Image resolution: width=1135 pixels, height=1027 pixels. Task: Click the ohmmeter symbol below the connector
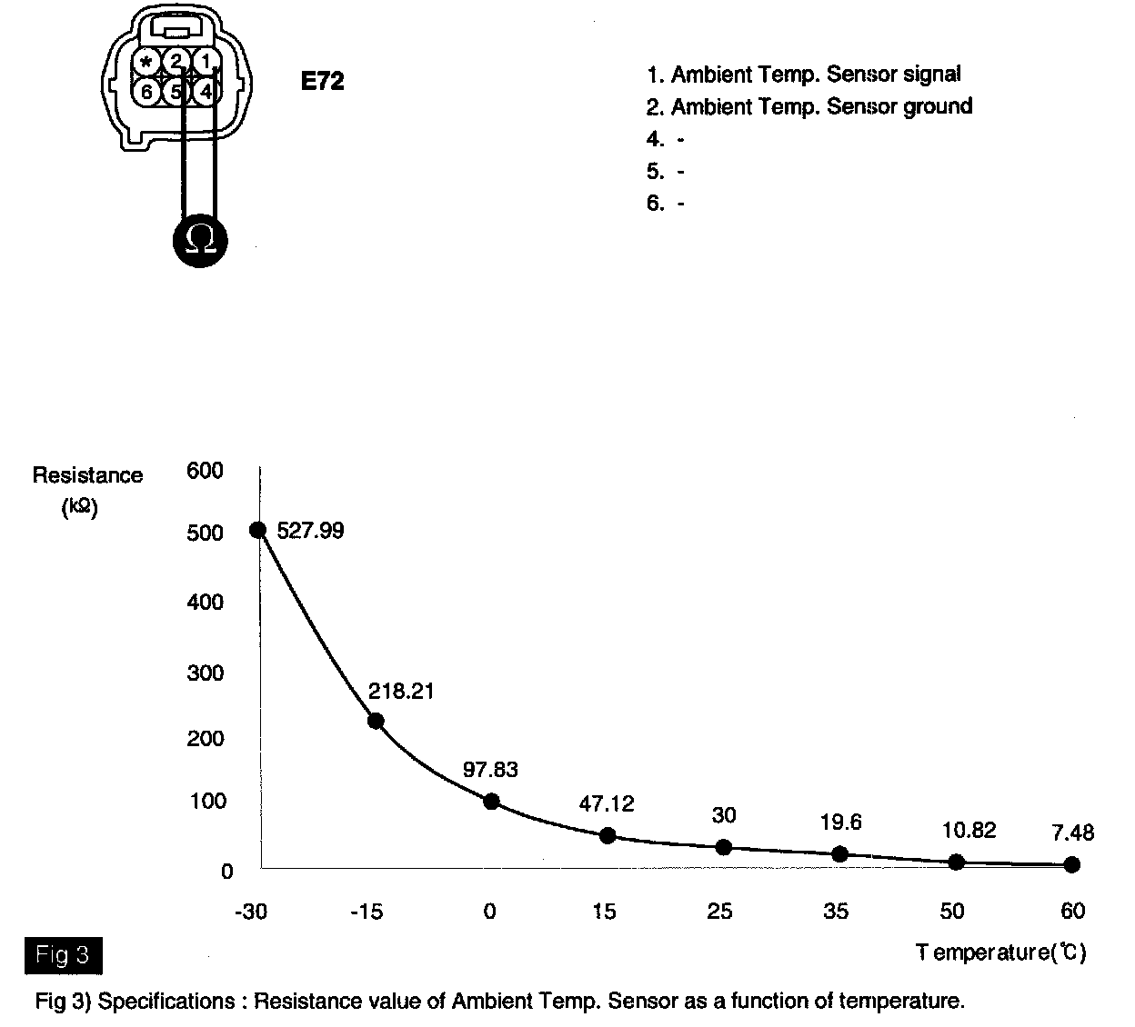point(200,240)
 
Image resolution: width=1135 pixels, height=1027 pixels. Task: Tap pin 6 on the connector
point(147,91)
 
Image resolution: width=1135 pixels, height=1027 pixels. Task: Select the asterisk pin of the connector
point(147,62)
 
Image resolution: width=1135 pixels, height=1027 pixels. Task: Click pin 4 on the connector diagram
point(207,91)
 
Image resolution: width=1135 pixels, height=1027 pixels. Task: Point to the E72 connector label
point(322,82)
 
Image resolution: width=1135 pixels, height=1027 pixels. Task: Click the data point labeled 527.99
point(258,530)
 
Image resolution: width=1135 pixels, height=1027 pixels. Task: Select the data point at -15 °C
point(375,721)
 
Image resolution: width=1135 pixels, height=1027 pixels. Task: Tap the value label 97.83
point(490,770)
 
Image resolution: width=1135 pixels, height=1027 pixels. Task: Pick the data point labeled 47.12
point(608,835)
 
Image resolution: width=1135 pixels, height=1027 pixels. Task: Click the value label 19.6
point(839,823)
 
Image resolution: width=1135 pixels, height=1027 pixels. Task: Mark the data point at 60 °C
point(1071,864)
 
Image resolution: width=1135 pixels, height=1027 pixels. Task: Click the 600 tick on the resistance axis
point(205,471)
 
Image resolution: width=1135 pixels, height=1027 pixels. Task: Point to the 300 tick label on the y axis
point(205,673)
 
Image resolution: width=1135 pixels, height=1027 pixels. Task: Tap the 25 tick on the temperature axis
point(719,911)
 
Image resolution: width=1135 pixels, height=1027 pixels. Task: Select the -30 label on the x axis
point(251,911)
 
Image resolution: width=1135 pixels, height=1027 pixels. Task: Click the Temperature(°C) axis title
point(1000,952)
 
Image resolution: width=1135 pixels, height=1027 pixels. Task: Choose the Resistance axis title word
point(87,475)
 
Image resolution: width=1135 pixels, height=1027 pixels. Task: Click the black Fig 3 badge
point(63,955)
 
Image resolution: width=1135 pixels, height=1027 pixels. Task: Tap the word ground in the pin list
point(937,106)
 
